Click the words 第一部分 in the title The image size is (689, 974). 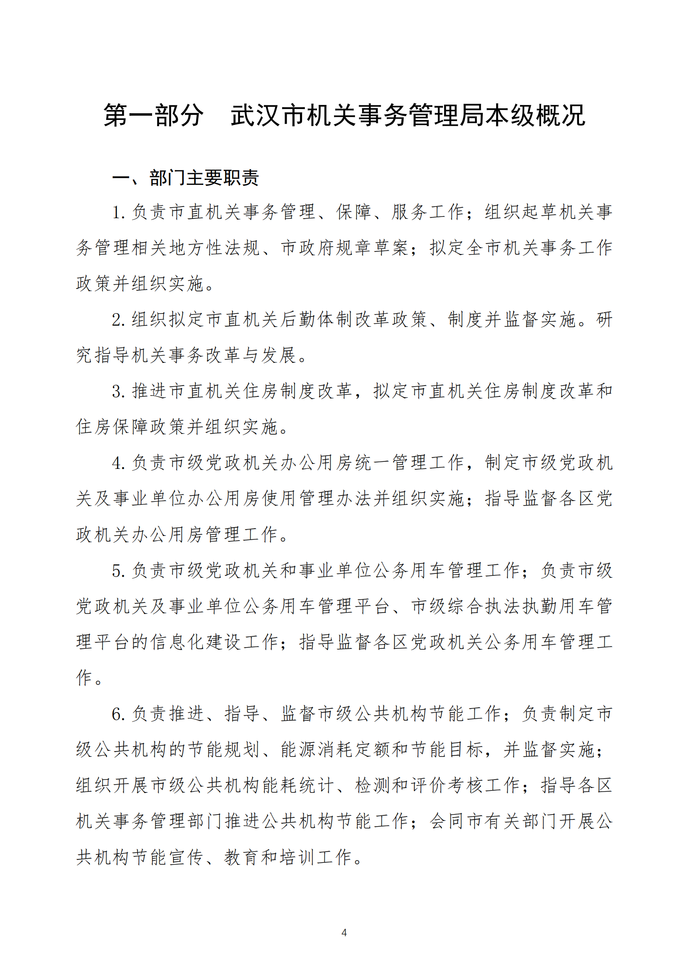153,115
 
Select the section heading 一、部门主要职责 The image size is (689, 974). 185,178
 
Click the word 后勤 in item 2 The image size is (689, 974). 299,319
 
